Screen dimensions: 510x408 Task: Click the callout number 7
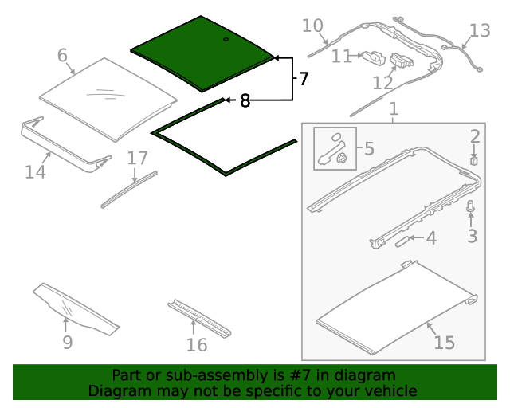coord(303,79)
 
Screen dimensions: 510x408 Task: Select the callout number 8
coord(245,100)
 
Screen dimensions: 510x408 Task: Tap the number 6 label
coord(62,55)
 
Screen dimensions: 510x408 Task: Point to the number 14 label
coord(35,172)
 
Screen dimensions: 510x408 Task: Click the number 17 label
coord(138,159)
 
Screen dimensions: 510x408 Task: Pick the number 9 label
coord(67,343)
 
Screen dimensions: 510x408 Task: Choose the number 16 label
coord(197,345)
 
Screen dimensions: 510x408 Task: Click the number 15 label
coord(445,343)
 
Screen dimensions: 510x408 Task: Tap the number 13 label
coord(480,31)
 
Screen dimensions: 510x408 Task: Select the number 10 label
coord(312,25)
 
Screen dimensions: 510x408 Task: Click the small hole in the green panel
coord(226,39)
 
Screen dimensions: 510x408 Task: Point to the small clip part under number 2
coord(474,161)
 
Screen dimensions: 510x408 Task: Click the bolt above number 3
coord(470,206)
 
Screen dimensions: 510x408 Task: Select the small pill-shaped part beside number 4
coord(402,241)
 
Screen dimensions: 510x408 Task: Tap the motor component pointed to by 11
coord(374,58)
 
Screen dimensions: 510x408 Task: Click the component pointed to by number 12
coord(402,61)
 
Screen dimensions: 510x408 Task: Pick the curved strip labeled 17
coord(129,190)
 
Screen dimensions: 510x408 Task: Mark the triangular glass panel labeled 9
coord(76,309)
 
